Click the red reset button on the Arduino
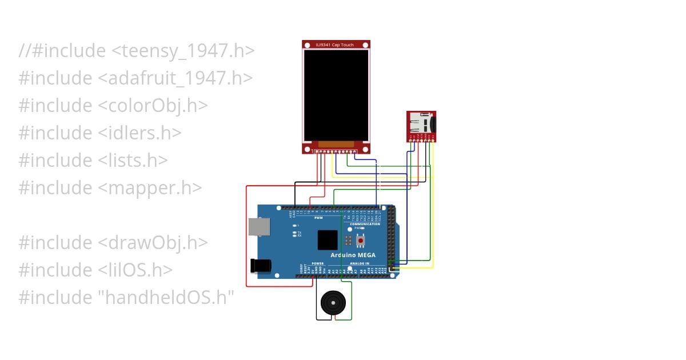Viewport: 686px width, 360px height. click(361, 241)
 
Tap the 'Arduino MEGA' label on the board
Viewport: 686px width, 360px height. click(352, 255)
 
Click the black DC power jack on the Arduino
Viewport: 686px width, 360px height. click(260, 266)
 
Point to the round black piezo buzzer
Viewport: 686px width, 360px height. click(333, 302)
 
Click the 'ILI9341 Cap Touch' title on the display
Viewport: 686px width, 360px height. click(336, 44)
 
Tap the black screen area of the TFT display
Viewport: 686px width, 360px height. click(336, 95)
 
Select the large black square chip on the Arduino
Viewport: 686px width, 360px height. click(328, 239)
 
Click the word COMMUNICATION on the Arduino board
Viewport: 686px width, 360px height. click(365, 224)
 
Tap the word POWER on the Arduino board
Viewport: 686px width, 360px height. click(318, 263)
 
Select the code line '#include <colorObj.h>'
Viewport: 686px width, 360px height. click(113, 106)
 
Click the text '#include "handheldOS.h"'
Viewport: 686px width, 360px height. click(126, 298)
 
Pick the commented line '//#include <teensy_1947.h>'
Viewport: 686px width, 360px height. click(136, 51)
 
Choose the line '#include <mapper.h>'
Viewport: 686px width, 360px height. click(110, 188)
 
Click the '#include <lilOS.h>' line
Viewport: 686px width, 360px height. click(95, 270)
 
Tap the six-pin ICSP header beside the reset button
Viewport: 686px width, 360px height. click(348, 241)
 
